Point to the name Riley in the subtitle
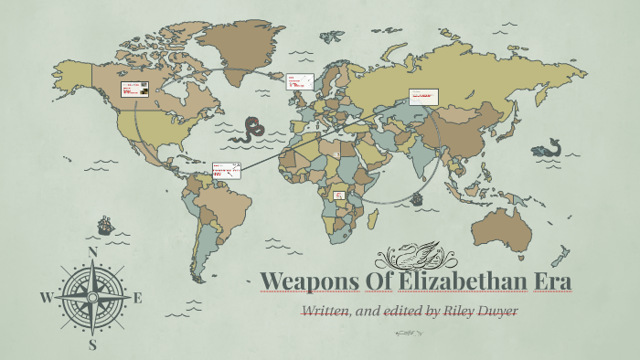coord(459,311)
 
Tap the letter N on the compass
coord(91,252)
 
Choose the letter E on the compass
coord(138,297)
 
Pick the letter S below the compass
coord(92,344)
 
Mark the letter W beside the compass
coord(46,297)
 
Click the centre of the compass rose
coord(92,297)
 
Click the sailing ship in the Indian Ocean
coord(417,197)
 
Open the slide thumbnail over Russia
coord(423,96)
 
